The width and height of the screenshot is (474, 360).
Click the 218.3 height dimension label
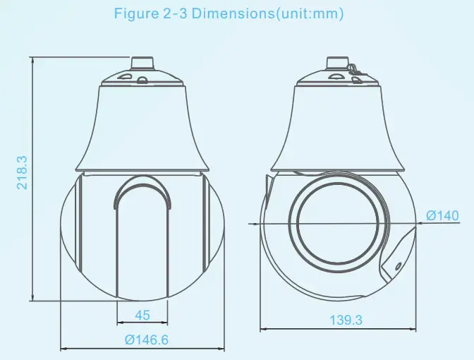pyautogui.click(x=22, y=172)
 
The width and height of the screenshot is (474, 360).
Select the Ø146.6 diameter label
pyautogui.click(x=146, y=340)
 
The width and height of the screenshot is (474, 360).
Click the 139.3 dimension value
pyautogui.click(x=346, y=320)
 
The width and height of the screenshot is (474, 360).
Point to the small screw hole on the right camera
pyautogui.click(x=397, y=266)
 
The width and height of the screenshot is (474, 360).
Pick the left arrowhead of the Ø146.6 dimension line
pyautogui.click(x=63, y=348)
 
